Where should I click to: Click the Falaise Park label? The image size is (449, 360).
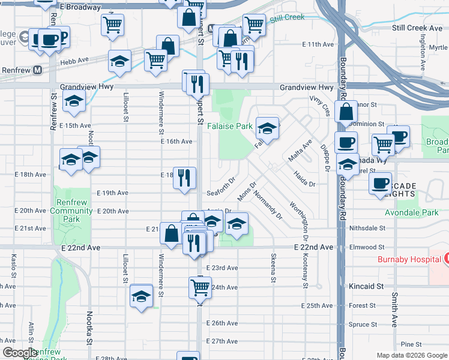(230, 127)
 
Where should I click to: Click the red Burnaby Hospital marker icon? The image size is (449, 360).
(446, 259)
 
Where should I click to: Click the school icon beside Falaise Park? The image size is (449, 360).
(267, 128)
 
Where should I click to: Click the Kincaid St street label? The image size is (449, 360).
(366, 287)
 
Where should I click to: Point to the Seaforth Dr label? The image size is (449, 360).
(223, 193)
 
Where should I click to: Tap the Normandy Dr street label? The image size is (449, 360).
(268, 205)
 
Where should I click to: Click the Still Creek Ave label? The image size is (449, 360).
(417, 28)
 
